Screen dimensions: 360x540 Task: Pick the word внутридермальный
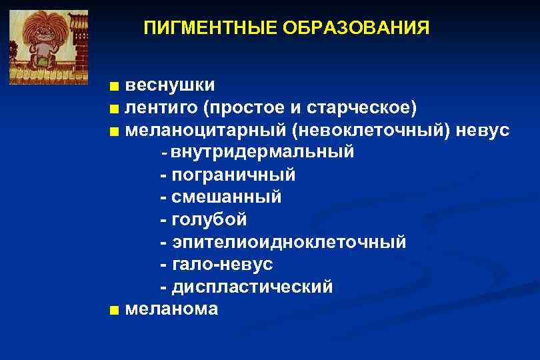point(262,153)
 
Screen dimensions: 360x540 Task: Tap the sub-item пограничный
point(233,175)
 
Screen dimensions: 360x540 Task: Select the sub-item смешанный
point(227,197)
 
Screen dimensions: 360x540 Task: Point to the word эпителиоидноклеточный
point(289,242)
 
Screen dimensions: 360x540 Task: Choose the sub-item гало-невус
point(222,265)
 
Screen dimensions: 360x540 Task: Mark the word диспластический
point(252,287)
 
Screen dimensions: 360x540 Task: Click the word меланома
point(171,309)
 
